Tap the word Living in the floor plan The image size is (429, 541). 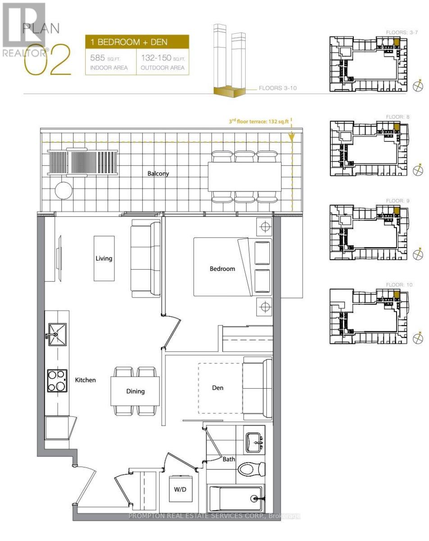click(x=104, y=259)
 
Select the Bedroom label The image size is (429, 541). click(x=222, y=269)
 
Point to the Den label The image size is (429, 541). click(x=218, y=387)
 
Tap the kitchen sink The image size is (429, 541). click(x=56, y=335)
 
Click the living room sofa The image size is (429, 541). click(x=145, y=258)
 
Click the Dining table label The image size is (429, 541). click(x=135, y=391)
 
